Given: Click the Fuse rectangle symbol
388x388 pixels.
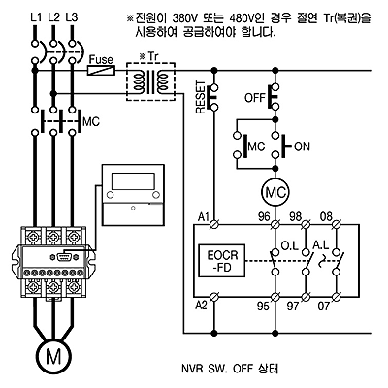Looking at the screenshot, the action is (x=102, y=70).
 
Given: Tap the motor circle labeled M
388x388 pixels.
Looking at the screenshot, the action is (x=53, y=357).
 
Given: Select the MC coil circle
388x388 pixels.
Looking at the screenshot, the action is (x=275, y=193).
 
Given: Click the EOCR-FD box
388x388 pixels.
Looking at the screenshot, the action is (x=222, y=261).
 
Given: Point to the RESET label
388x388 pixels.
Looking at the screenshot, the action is (x=201, y=97).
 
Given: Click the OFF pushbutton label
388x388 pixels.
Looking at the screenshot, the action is (x=255, y=97).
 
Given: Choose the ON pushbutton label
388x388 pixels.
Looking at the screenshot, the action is (x=303, y=146).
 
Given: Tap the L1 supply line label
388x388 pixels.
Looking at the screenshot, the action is (x=36, y=16).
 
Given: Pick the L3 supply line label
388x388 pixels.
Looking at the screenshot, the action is (x=72, y=16).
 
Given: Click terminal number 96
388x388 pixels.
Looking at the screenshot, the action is (x=264, y=216).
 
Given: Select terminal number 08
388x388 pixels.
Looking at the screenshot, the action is (x=326, y=216).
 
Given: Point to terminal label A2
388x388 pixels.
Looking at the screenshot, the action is (x=201, y=305).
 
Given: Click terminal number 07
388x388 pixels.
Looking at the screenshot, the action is (x=323, y=306).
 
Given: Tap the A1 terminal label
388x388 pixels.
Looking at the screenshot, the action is (x=204, y=217).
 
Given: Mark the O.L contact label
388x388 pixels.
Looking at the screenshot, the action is (x=289, y=245).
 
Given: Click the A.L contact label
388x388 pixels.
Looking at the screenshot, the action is (x=320, y=245).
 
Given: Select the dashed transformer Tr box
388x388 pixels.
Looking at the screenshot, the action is (x=150, y=81).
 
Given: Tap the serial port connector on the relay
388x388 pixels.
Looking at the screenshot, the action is (x=64, y=256).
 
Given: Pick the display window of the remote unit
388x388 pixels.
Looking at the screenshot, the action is (x=133, y=181).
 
